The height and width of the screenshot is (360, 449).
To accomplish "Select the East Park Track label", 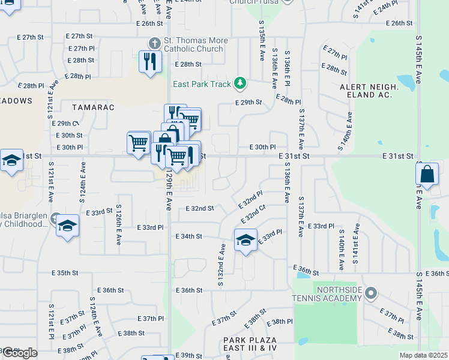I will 202,84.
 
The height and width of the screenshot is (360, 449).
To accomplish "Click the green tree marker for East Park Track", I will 240,83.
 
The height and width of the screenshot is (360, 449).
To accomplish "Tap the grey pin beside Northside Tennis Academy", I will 372,293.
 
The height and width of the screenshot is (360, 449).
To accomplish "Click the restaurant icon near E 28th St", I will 149,61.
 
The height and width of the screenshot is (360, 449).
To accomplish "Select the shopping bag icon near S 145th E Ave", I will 427,175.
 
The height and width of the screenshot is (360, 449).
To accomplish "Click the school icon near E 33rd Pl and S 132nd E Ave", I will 245,240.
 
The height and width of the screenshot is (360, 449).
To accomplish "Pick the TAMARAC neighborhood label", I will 93,107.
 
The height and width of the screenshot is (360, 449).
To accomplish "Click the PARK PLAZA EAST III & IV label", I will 250,344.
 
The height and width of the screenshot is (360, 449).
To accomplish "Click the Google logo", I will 20,353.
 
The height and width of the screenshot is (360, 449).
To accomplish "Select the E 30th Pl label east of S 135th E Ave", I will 262,147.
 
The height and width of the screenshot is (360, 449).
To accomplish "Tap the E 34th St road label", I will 188,237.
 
